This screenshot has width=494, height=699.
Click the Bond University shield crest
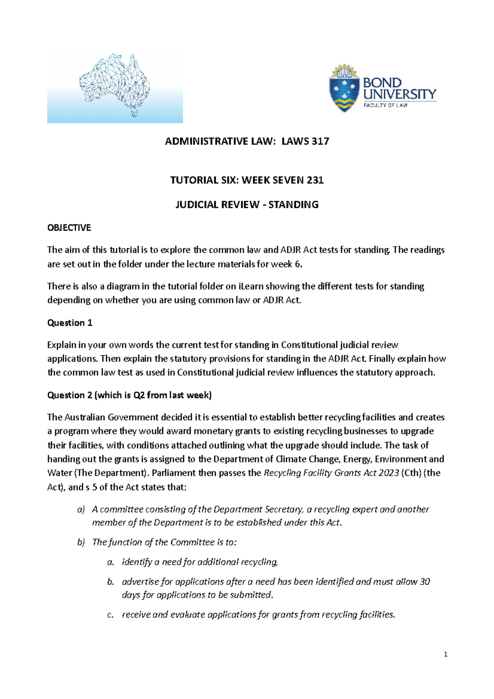point(344,89)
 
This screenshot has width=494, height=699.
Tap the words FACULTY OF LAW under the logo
point(385,105)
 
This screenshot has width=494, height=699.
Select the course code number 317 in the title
point(320,141)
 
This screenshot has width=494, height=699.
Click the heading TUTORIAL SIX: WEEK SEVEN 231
point(247,180)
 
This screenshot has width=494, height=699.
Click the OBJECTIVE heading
point(69,228)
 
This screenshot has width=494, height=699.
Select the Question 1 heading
point(70,323)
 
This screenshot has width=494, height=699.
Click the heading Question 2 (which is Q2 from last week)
point(129,395)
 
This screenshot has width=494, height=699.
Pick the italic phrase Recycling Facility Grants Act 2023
point(331,473)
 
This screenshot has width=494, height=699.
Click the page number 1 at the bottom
point(446,654)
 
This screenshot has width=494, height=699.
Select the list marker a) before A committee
point(81,509)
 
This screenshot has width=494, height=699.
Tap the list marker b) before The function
point(81,542)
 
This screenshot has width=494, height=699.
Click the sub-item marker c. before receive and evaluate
point(110,615)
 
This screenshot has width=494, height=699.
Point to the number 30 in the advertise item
point(424,582)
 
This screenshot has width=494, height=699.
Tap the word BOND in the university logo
point(382,83)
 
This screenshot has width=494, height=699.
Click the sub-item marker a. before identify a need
point(110,562)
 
